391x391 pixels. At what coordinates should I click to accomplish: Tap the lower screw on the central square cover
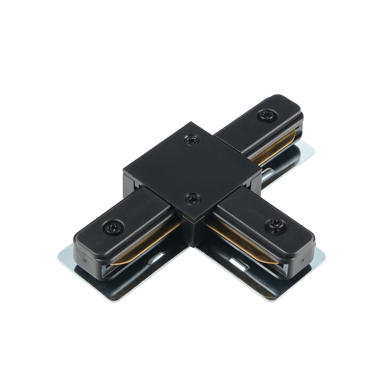click(x=193, y=198)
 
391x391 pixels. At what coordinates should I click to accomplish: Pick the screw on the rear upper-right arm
click(x=267, y=115)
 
